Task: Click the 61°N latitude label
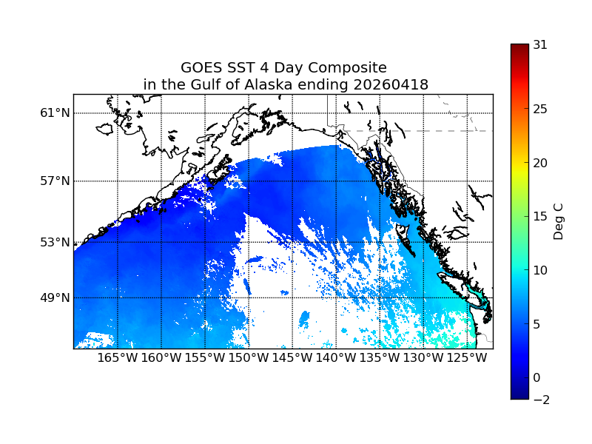tap(55, 113)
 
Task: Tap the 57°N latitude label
tap(55, 181)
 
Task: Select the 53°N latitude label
tap(55, 242)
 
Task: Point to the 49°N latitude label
tap(55, 297)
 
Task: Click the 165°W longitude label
tap(118, 359)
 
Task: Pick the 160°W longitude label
tap(161, 359)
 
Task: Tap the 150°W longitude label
tap(249, 359)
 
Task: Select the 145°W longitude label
tap(292, 359)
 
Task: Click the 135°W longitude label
tap(380, 359)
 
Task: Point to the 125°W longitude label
tap(467, 359)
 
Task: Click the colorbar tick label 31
tap(540, 44)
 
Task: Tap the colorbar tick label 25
tap(540, 110)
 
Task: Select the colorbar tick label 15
tap(540, 217)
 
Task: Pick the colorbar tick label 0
tap(537, 377)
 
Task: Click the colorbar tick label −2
tap(540, 400)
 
